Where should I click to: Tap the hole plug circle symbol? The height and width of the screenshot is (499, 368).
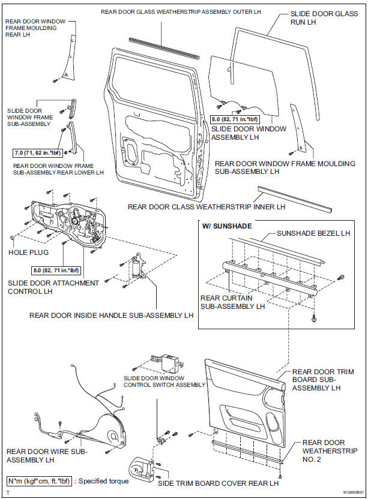click(13, 238)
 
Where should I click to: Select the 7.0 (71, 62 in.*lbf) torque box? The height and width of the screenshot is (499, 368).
click(39, 153)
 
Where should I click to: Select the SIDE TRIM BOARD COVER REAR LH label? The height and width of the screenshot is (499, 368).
click(218, 483)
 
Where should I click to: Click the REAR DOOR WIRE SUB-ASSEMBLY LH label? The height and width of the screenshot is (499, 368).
click(47, 456)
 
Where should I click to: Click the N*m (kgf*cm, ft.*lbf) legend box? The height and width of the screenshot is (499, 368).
click(41, 480)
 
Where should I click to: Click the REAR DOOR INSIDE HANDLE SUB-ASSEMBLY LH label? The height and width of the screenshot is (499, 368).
click(111, 315)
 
